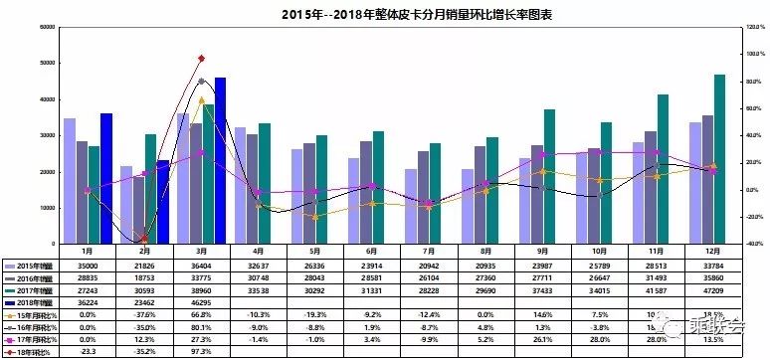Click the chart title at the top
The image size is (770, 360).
pyautogui.click(x=386, y=15)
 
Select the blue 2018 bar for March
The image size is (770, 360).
pyautogui.click(x=220, y=160)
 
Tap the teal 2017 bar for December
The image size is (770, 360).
pyautogui.click(x=718, y=159)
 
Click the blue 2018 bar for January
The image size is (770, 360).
pyautogui.click(x=106, y=178)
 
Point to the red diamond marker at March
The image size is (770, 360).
pyautogui.click(x=202, y=59)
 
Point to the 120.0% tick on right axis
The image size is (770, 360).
pyautogui.click(x=754, y=27)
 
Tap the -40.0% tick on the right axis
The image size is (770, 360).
pyautogui.click(x=753, y=244)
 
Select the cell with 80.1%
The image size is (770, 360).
pyautogui.click(x=202, y=325)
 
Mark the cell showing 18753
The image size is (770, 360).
pyautogui.click(x=145, y=277)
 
